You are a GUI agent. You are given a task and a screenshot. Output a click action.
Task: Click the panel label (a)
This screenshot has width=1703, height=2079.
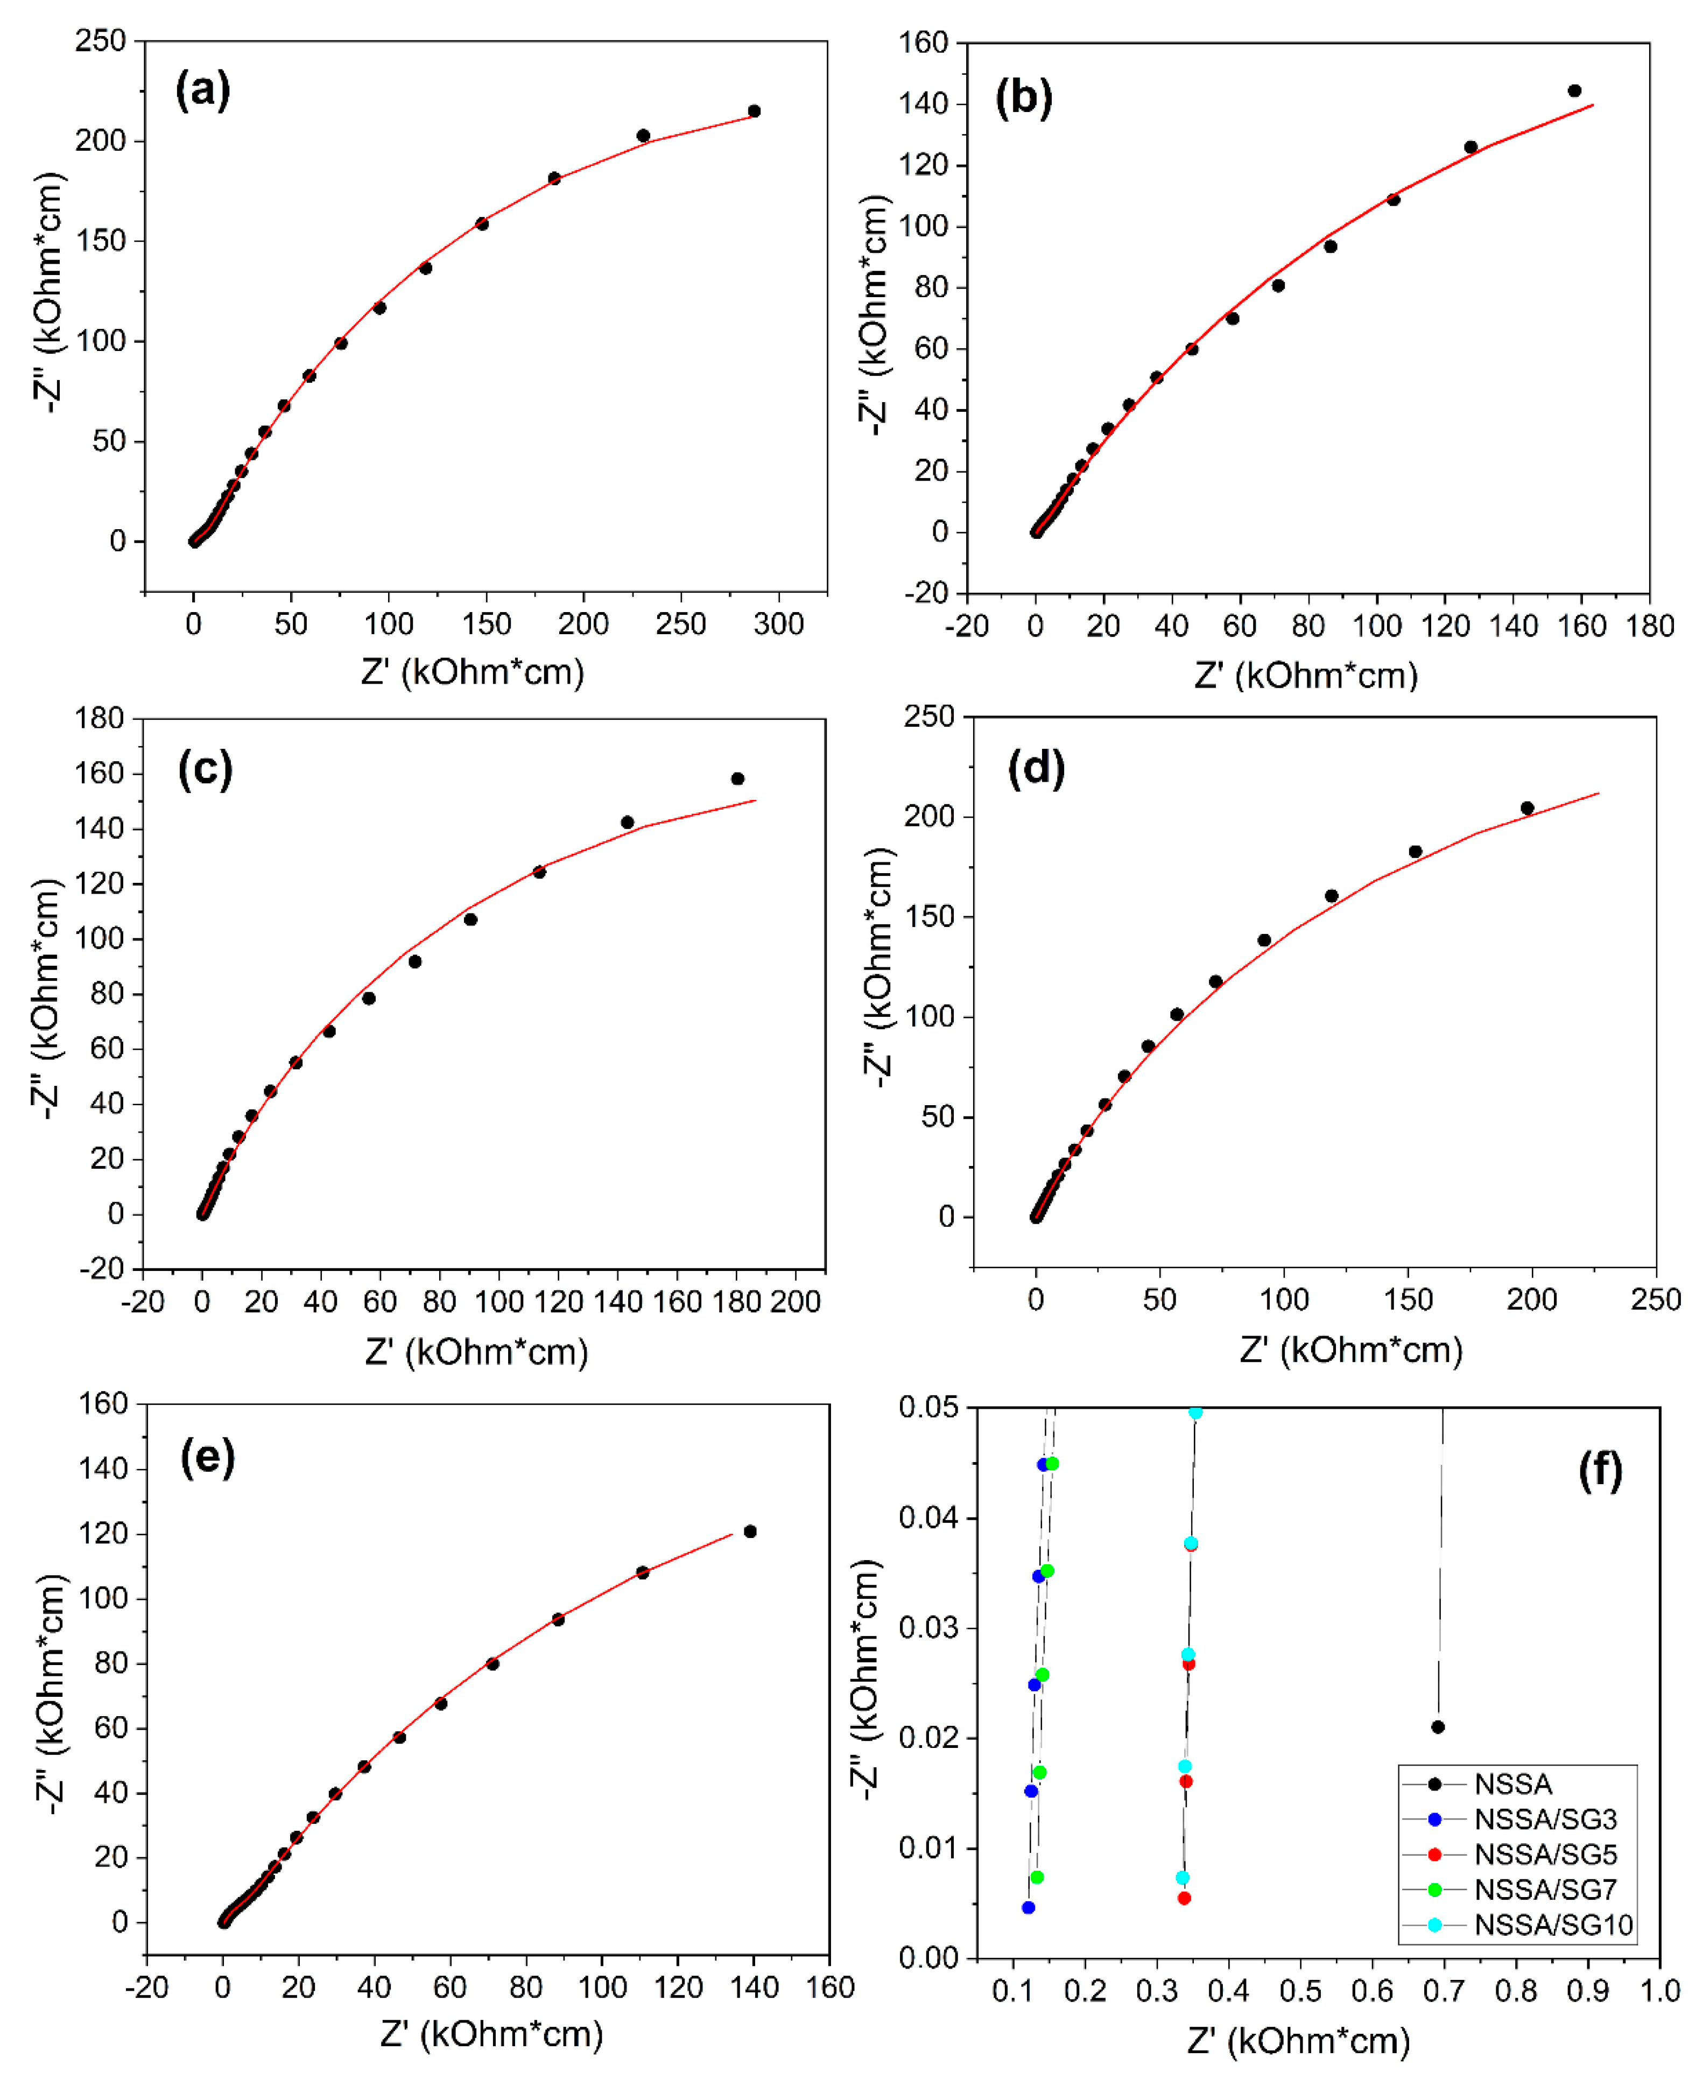click(203, 90)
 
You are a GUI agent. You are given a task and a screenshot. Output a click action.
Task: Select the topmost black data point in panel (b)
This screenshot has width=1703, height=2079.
click(1574, 90)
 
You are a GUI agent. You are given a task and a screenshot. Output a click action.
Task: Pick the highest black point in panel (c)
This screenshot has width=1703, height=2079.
click(738, 779)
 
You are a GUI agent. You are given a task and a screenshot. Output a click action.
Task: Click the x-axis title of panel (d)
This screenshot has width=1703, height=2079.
click(1351, 1350)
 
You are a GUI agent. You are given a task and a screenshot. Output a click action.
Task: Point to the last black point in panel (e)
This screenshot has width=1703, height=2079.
click(750, 1532)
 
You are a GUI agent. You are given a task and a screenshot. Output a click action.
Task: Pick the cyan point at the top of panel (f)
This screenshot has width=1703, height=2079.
click(1196, 1412)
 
